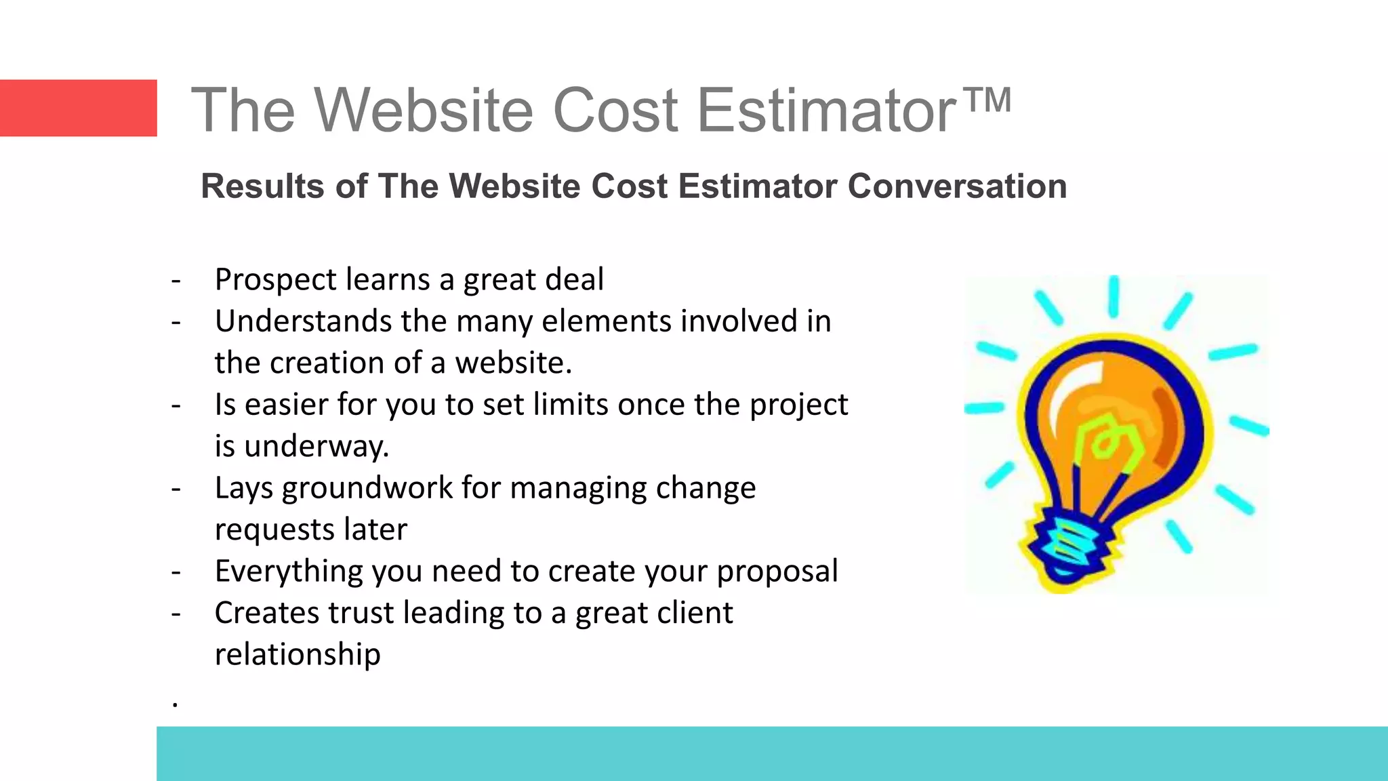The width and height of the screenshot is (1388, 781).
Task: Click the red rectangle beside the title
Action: click(78, 108)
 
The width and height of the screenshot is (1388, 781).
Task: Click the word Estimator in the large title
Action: click(827, 110)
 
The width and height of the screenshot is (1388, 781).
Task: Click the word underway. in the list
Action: click(317, 447)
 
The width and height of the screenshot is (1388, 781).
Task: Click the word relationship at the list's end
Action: click(298, 655)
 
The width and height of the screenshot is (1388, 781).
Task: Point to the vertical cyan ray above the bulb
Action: click(1113, 296)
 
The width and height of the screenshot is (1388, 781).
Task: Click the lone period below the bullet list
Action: click(175, 705)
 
